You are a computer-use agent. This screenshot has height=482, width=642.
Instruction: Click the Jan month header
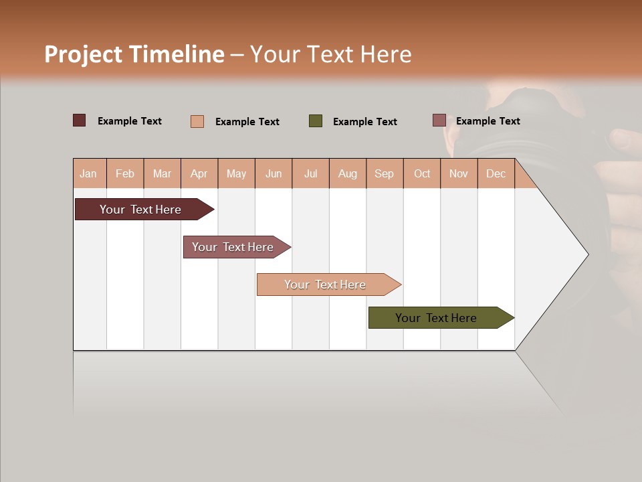[89, 173]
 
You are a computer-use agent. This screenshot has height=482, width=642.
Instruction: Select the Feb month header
[125, 173]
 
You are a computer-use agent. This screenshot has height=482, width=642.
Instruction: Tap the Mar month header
[162, 173]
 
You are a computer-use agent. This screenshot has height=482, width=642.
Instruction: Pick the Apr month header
[199, 173]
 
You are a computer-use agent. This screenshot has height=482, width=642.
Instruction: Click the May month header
[236, 173]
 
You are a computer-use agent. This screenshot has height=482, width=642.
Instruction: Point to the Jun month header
[274, 173]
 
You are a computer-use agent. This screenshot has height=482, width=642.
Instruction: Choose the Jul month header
[310, 173]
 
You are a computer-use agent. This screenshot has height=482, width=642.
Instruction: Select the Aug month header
[348, 173]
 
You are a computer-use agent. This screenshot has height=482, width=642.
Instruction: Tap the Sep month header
[385, 173]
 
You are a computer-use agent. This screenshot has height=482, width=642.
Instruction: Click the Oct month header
[422, 173]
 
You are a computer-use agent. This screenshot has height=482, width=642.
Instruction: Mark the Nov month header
[459, 173]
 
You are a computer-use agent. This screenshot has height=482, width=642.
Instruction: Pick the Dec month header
[496, 173]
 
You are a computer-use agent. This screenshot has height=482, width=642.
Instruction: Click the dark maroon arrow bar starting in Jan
[140, 210]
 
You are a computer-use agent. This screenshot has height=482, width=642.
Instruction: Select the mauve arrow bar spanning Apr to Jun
[233, 247]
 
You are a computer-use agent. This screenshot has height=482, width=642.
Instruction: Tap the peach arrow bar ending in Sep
[325, 285]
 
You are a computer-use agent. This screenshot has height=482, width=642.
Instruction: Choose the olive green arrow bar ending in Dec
[436, 318]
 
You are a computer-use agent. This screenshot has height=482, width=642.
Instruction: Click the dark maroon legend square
[79, 120]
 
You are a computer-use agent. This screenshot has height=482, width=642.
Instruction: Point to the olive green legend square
[316, 120]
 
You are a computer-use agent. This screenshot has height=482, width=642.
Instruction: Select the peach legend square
[197, 121]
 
